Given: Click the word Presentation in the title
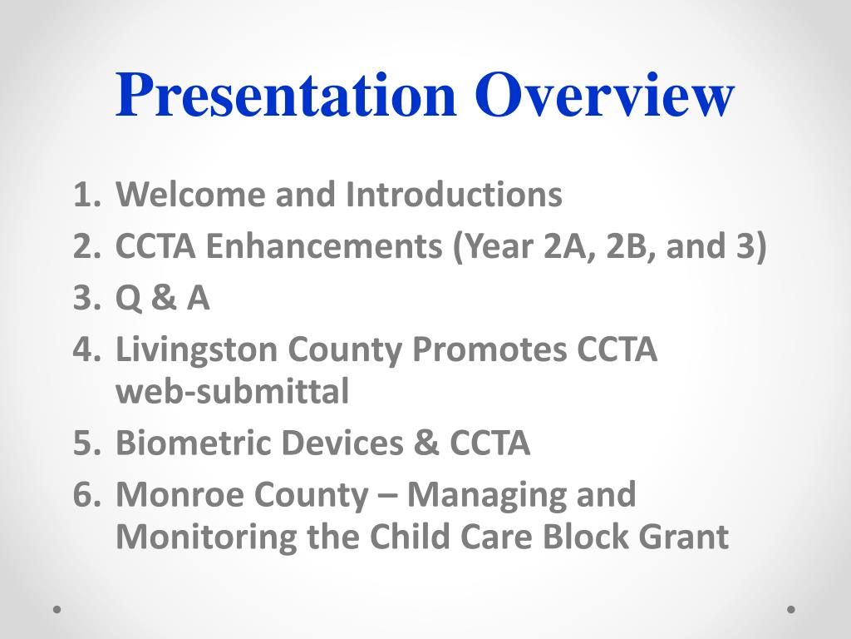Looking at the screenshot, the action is (x=286, y=95).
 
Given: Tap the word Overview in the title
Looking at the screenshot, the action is (x=605, y=95).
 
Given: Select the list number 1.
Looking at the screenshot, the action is (x=86, y=195).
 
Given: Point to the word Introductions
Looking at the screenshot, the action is (x=454, y=194).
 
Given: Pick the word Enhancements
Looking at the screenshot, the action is (x=324, y=245).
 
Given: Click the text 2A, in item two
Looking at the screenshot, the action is (x=568, y=246).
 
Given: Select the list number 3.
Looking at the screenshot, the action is (x=86, y=298).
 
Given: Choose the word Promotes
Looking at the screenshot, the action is (x=488, y=349).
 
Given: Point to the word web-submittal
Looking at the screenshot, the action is (x=233, y=391).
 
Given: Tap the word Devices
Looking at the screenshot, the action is (x=342, y=443).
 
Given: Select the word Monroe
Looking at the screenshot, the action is (x=180, y=494).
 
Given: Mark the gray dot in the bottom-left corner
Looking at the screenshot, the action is (x=57, y=609).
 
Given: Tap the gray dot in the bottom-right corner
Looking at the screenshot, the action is (x=791, y=609).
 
